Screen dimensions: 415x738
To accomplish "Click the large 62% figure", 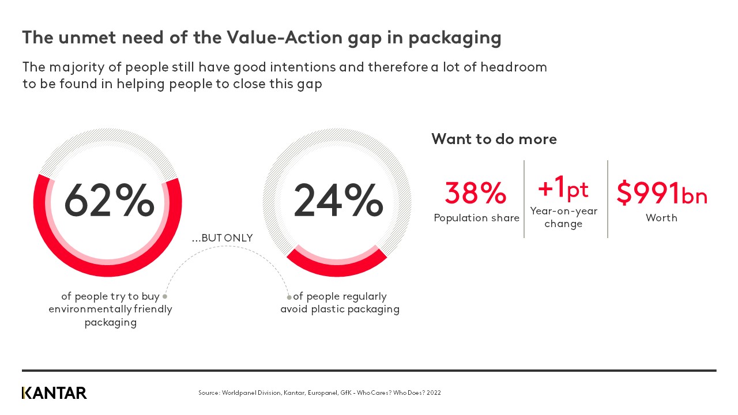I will [109, 201].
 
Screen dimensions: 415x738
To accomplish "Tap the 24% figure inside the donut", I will [338, 201].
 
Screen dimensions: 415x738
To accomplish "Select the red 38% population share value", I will [476, 193].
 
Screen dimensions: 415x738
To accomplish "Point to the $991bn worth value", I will [661, 193].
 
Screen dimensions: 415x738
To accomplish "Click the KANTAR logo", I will [54, 393].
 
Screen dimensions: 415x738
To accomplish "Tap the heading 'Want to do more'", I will [494, 139].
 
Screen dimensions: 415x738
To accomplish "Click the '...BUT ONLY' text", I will [223, 238].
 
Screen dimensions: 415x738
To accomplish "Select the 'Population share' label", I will [476, 218].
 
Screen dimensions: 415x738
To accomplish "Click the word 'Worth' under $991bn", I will [661, 218].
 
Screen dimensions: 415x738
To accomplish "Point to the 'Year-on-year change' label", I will [563, 217].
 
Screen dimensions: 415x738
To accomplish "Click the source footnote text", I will [319, 393].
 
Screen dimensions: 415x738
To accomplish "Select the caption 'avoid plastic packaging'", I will [340, 310].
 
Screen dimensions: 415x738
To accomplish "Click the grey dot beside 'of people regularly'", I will [289, 297].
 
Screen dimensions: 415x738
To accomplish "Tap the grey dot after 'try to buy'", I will [165, 296].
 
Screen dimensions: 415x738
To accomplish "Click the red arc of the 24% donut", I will [336, 266].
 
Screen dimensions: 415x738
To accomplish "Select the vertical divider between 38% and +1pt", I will [524, 199].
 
